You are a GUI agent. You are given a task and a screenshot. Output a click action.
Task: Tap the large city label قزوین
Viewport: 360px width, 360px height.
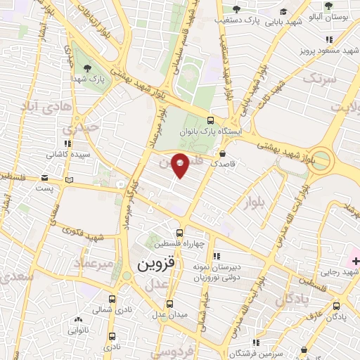[151, 265]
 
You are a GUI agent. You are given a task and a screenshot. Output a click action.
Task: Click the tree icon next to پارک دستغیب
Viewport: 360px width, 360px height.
[236, 9]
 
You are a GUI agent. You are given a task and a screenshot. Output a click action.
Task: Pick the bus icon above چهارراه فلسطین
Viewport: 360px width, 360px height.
[179, 233]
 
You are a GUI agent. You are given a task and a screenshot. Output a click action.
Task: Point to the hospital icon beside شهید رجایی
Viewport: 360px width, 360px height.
[355, 262]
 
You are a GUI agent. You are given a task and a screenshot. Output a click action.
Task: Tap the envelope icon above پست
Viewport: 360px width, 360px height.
[45, 177]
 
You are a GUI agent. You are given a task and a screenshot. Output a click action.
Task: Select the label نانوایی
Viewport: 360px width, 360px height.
[77, 329]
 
